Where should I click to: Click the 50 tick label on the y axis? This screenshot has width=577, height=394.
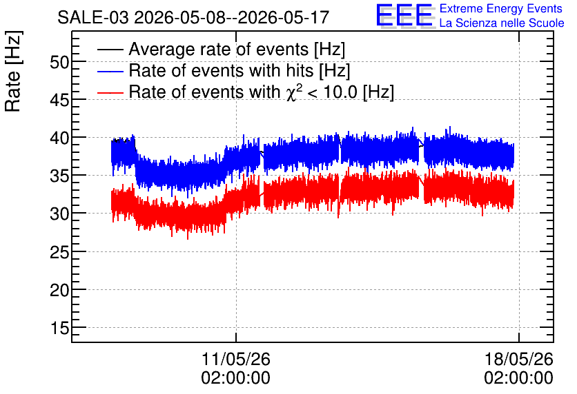coord(59,63)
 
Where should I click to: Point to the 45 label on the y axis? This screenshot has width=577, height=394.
coord(59,101)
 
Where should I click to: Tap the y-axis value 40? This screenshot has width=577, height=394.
coord(59,138)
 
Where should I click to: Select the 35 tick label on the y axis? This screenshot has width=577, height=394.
coord(59,176)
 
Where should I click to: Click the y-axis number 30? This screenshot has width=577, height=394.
coord(59,214)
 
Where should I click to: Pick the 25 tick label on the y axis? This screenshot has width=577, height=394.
coord(59,252)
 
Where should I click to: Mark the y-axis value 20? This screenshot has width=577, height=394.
coord(59,290)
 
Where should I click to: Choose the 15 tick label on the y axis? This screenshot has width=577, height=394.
coord(60,328)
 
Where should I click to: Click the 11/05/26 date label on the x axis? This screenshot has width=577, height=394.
coord(236,359)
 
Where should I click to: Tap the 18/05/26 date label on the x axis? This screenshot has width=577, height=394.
coord(519,359)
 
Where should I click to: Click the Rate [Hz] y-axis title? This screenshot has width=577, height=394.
coord(13,71)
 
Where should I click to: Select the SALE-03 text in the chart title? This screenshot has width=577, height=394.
coord(93,18)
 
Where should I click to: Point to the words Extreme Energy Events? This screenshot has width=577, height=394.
coord(501,8)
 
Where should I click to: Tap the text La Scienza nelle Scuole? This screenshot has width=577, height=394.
coord(502,23)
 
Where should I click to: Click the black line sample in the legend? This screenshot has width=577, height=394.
coord(110,50)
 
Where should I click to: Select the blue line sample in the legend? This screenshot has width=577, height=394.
coord(110,71)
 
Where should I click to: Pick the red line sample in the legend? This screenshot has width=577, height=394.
coord(110,92)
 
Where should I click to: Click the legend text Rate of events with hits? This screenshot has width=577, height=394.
coord(222,70)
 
